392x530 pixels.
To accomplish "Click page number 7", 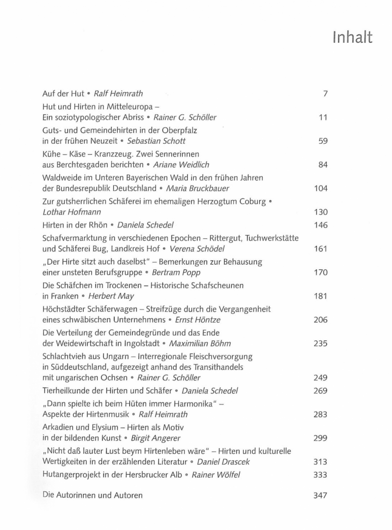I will point(324,94).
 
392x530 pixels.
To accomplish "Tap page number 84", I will point(322,165).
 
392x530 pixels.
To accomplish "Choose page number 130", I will point(320,212).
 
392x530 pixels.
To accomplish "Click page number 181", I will point(320,296).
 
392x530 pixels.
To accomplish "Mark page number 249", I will point(320,378).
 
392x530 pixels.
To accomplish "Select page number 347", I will point(320,495).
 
